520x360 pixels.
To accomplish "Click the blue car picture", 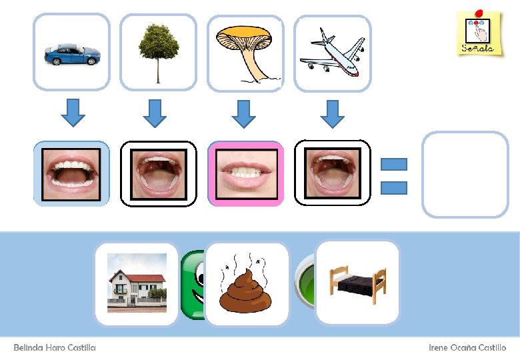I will (x=71, y=53).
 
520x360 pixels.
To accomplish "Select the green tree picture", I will (x=159, y=52).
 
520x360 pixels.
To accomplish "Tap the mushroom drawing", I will (x=245, y=53).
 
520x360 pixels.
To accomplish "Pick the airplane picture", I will (x=333, y=52).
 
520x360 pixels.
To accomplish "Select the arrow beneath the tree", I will (x=155, y=112).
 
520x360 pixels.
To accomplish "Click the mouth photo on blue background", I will (x=71, y=173).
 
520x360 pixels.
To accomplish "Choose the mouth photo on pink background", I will (x=245, y=173).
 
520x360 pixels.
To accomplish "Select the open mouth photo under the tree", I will (x=159, y=173).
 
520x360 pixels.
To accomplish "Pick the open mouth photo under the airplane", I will (x=332, y=173).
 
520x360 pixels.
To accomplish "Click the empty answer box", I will (x=465, y=174).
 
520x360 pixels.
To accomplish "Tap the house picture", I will (x=137, y=283).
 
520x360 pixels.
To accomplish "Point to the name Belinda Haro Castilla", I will (x=55, y=348).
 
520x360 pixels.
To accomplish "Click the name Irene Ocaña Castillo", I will (x=467, y=348).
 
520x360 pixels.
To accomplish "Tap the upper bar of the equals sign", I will (x=393, y=164).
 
